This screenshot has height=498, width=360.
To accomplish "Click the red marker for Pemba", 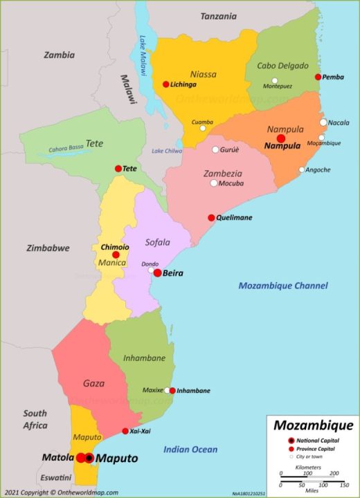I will [x=318, y=77].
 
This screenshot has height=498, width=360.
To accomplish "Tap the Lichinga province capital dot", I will [x=165, y=84].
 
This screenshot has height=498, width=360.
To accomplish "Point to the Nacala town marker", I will [x=323, y=122].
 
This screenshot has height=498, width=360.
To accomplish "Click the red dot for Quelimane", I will [x=212, y=217].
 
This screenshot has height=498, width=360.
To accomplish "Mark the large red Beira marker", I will [x=157, y=273].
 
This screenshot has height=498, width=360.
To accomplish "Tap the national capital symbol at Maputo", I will [x=89, y=458].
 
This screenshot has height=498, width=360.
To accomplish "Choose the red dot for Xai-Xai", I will [x=125, y=431].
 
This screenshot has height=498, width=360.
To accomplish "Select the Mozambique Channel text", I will [x=282, y=285].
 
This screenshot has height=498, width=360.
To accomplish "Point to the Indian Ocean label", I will [x=190, y=450].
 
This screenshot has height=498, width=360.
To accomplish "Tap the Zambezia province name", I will [x=222, y=173].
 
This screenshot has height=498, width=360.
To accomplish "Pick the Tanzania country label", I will [x=218, y=15].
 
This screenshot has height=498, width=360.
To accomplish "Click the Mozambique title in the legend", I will [x=312, y=425].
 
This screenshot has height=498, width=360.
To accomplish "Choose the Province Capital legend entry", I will [x=317, y=450].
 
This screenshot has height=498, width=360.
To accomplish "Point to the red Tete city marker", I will [x=118, y=168].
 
